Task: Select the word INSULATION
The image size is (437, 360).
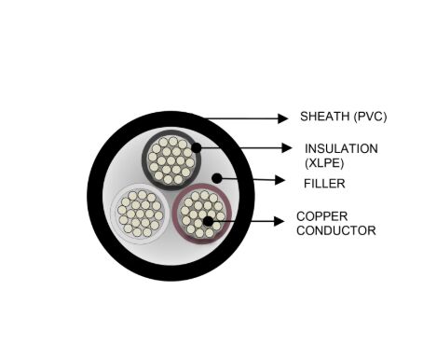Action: pos(340,148)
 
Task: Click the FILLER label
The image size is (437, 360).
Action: pos(321,184)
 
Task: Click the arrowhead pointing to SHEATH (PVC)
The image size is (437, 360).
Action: pos(284,118)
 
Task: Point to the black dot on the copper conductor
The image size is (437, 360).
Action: pos(207,221)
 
